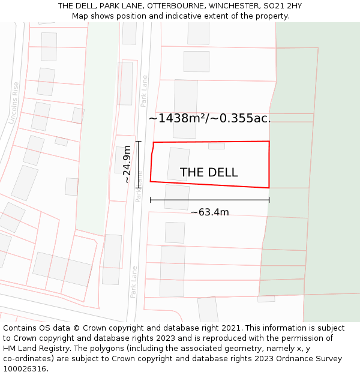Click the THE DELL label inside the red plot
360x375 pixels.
tap(209, 172)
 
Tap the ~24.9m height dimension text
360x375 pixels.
tap(127, 164)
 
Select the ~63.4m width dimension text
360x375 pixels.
tap(209, 212)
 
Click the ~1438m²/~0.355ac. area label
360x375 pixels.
tap(210, 118)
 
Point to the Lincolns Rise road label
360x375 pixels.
tap(14, 103)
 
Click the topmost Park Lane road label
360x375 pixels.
tap(144, 91)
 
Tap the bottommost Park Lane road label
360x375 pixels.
tap(134, 281)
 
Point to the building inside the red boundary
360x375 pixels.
tap(178, 164)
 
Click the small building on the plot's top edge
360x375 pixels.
tap(217, 145)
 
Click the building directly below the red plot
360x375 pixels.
tap(177, 197)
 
